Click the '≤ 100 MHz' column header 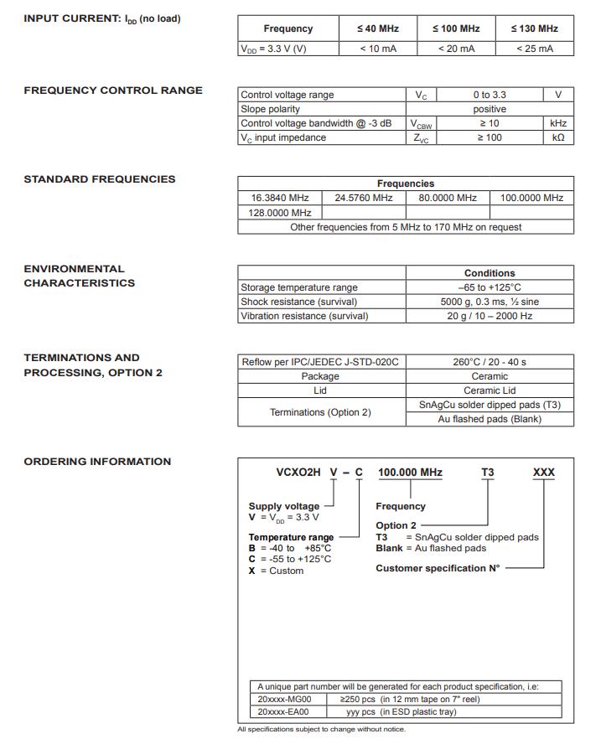pos(456,28)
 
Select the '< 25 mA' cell pos(535,49)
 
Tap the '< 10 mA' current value pos(378,49)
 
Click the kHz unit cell pos(558,123)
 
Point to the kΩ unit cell pos(558,137)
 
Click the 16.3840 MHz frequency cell pos(280,198)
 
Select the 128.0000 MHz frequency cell pos(280,213)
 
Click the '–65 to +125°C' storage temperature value pos(490,287)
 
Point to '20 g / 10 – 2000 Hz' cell pos(490,316)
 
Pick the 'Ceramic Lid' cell pos(490,390)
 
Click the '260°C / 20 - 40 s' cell pos(490,362)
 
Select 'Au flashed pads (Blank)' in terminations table pos(490,419)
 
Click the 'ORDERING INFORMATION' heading pos(97,462)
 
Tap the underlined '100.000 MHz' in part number pos(410,473)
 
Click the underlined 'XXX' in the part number pos(544,473)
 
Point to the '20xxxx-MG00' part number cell pos(284,698)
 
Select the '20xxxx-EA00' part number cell pos(283,711)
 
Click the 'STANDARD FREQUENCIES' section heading pos(100,179)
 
